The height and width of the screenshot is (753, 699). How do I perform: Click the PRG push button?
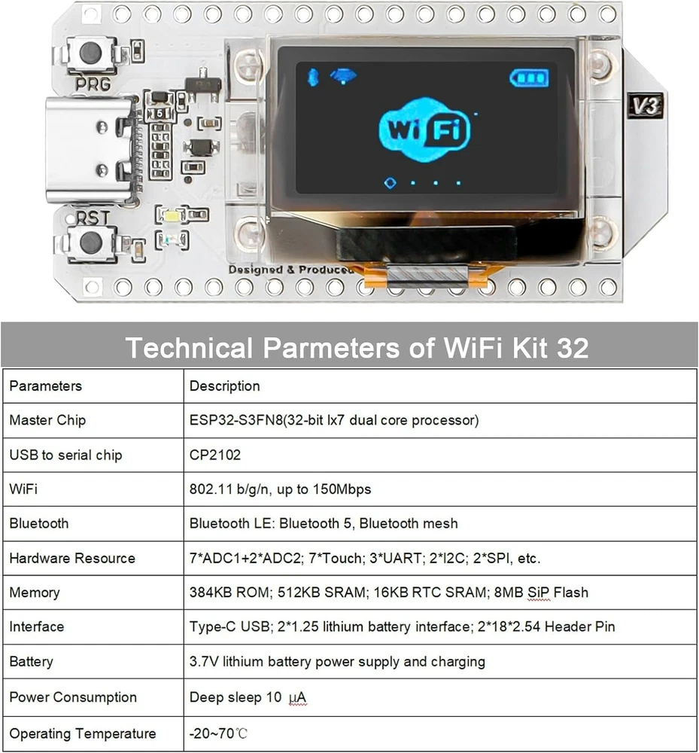pos(91,53)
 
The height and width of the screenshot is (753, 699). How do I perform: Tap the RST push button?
pos(91,243)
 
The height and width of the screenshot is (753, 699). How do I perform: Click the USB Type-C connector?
pos(90,149)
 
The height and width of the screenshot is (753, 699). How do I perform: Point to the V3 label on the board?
pos(646,105)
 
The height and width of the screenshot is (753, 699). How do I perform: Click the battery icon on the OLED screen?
pos(529,78)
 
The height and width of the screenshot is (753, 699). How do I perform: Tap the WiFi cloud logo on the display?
pos(424,130)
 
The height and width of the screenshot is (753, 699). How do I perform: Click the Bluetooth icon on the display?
pos(313,77)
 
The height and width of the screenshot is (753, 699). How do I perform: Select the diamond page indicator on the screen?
pos(390,183)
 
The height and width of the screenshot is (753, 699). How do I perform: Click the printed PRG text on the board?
pos(93,84)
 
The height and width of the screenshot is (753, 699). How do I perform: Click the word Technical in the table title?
pos(189,348)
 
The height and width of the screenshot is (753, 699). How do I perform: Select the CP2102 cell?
pos(215,455)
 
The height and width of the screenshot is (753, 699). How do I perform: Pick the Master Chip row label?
pos(47,420)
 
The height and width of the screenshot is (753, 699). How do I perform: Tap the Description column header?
pos(224,386)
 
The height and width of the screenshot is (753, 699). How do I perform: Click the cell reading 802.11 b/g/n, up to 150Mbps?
pos(280,489)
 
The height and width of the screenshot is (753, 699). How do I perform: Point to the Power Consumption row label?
pos(73,697)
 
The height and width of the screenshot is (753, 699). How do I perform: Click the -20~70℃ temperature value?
pos(218,733)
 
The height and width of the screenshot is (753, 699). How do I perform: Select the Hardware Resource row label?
pos(72,558)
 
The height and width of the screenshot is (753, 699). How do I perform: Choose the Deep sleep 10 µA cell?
pos(248,697)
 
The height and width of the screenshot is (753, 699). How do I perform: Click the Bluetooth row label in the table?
pos(39,523)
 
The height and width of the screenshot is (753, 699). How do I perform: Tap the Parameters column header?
pos(46,386)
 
